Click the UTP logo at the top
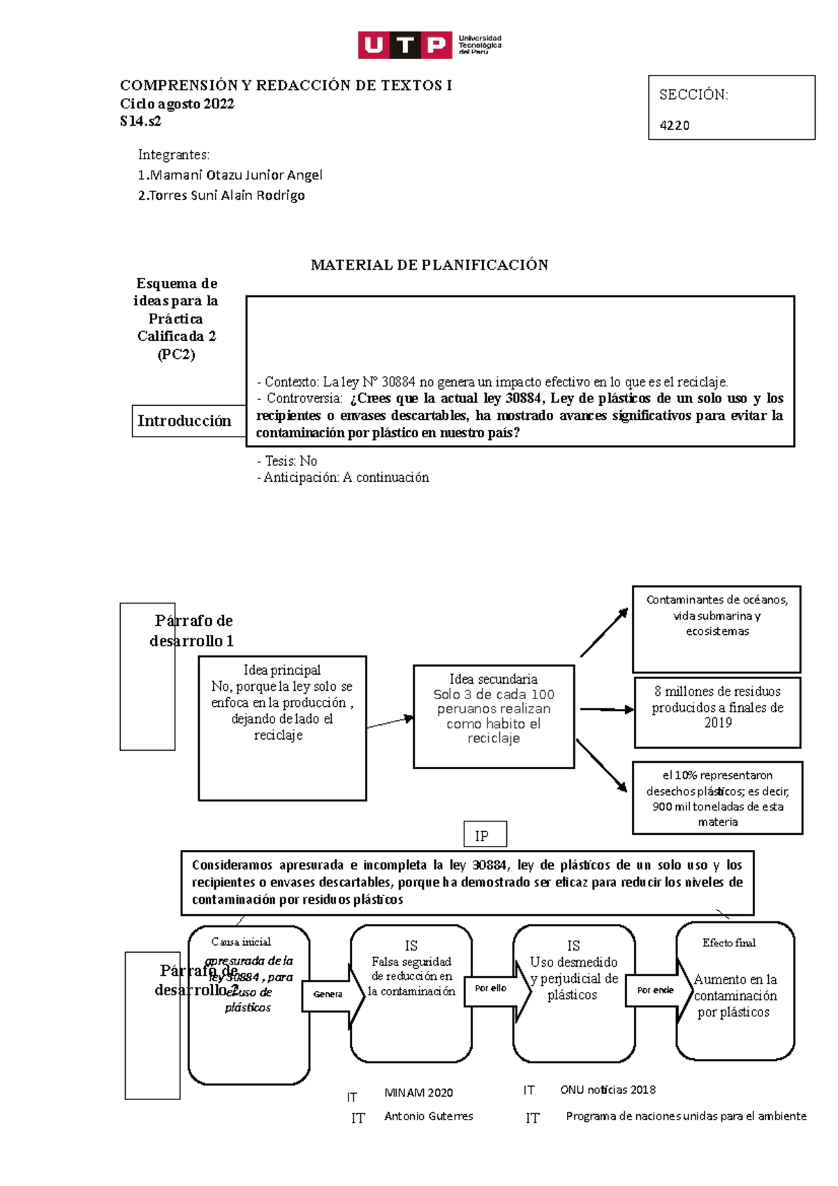429,45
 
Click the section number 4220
675,126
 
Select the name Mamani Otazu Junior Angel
230,175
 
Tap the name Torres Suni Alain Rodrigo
221,196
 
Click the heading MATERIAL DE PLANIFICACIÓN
429,265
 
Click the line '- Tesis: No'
287,461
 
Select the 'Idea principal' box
282,728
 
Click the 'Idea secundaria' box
494,717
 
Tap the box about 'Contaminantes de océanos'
716,629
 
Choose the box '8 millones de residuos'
717,712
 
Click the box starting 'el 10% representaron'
717,798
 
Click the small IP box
485,835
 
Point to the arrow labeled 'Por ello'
492,989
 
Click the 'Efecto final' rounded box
735,991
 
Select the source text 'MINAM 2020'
418,1093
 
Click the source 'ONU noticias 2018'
608,1090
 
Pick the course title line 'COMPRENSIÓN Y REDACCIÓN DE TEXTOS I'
286,86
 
